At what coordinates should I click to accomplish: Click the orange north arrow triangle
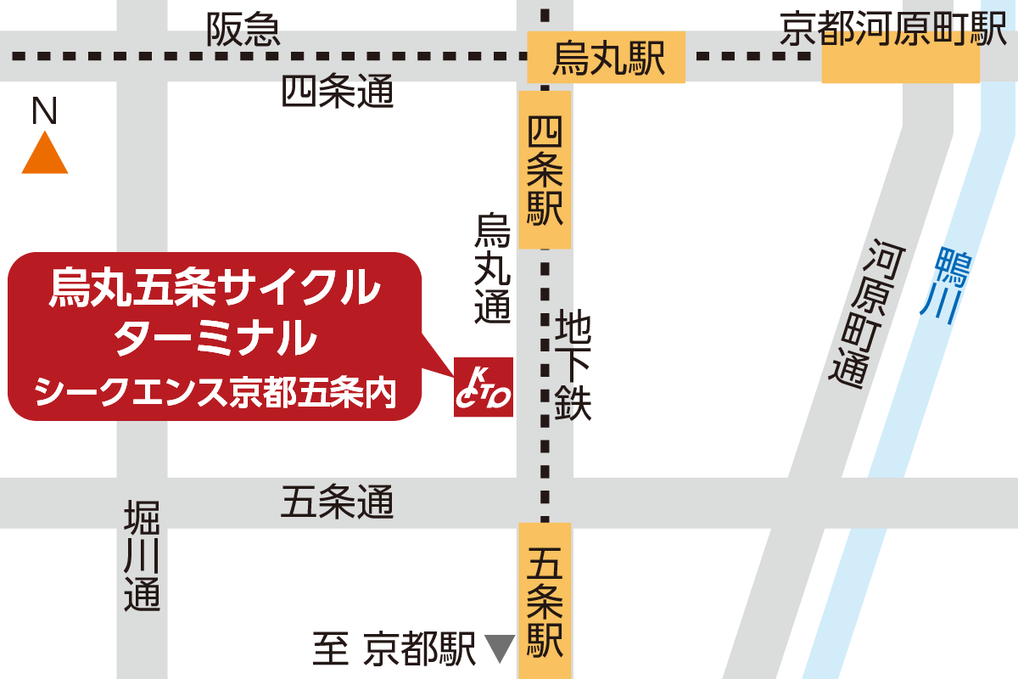click(x=44, y=156)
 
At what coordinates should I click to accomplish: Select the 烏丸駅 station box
click(x=606, y=58)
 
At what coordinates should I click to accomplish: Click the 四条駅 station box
click(x=545, y=170)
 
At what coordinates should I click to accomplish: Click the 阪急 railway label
click(x=243, y=31)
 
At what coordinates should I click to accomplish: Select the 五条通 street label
click(x=338, y=503)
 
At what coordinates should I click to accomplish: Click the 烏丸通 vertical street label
click(x=493, y=267)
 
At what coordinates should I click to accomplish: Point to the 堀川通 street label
click(x=142, y=556)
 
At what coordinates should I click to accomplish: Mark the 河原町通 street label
click(x=859, y=314)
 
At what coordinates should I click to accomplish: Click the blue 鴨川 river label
click(x=948, y=284)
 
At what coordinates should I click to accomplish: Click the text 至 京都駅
click(x=394, y=650)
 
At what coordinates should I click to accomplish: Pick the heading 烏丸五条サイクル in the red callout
click(x=214, y=287)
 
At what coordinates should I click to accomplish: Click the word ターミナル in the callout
click(x=214, y=339)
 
